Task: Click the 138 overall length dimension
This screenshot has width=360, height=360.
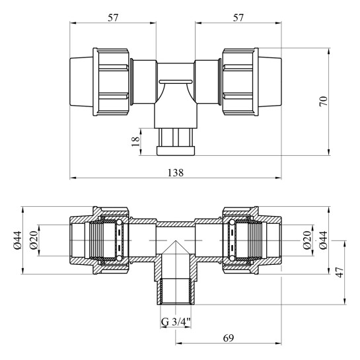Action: point(176,172)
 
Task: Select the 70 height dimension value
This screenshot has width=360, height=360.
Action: point(323,101)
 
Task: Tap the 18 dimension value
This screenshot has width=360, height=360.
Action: point(136,141)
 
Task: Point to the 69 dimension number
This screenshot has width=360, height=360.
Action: point(228,338)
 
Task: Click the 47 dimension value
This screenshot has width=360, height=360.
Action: point(340,272)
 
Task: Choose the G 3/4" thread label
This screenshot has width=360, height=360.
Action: point(176,322)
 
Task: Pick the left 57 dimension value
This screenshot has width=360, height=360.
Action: point(113,18)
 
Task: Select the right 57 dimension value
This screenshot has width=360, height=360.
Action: point(238,18)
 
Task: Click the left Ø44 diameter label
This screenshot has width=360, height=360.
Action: point(17,240)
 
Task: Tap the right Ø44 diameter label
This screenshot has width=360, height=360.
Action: point(323,240)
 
